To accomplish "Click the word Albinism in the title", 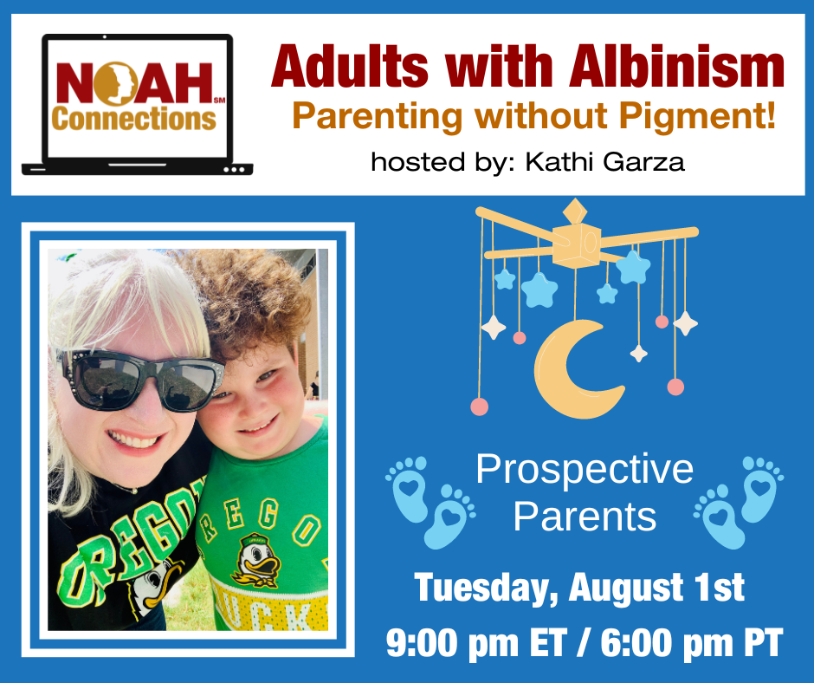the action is pyautogui.click(x=676, y=67).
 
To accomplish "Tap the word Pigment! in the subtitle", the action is pyautogui.click(x=698, y=116).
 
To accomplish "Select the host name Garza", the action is pyautogui.click(x=643, y=162).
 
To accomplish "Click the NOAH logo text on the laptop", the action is pyautogui.click(x=134, y=83).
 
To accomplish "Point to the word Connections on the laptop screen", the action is pyautogui.click(x=134, y=119).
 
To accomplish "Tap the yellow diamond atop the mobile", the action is pyautogui.click(x=575, y=211).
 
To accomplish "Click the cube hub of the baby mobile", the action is pyautogui.click(x=576, y=245).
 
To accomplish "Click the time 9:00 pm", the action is pyautogui.click(x=452, y=643).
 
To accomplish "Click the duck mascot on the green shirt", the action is pyautogui.click(x=256, y=560).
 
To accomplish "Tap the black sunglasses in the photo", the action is pyautogui.click(x=140, y=380).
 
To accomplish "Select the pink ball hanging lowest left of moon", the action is pyautogui.click(x=479, y=407).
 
